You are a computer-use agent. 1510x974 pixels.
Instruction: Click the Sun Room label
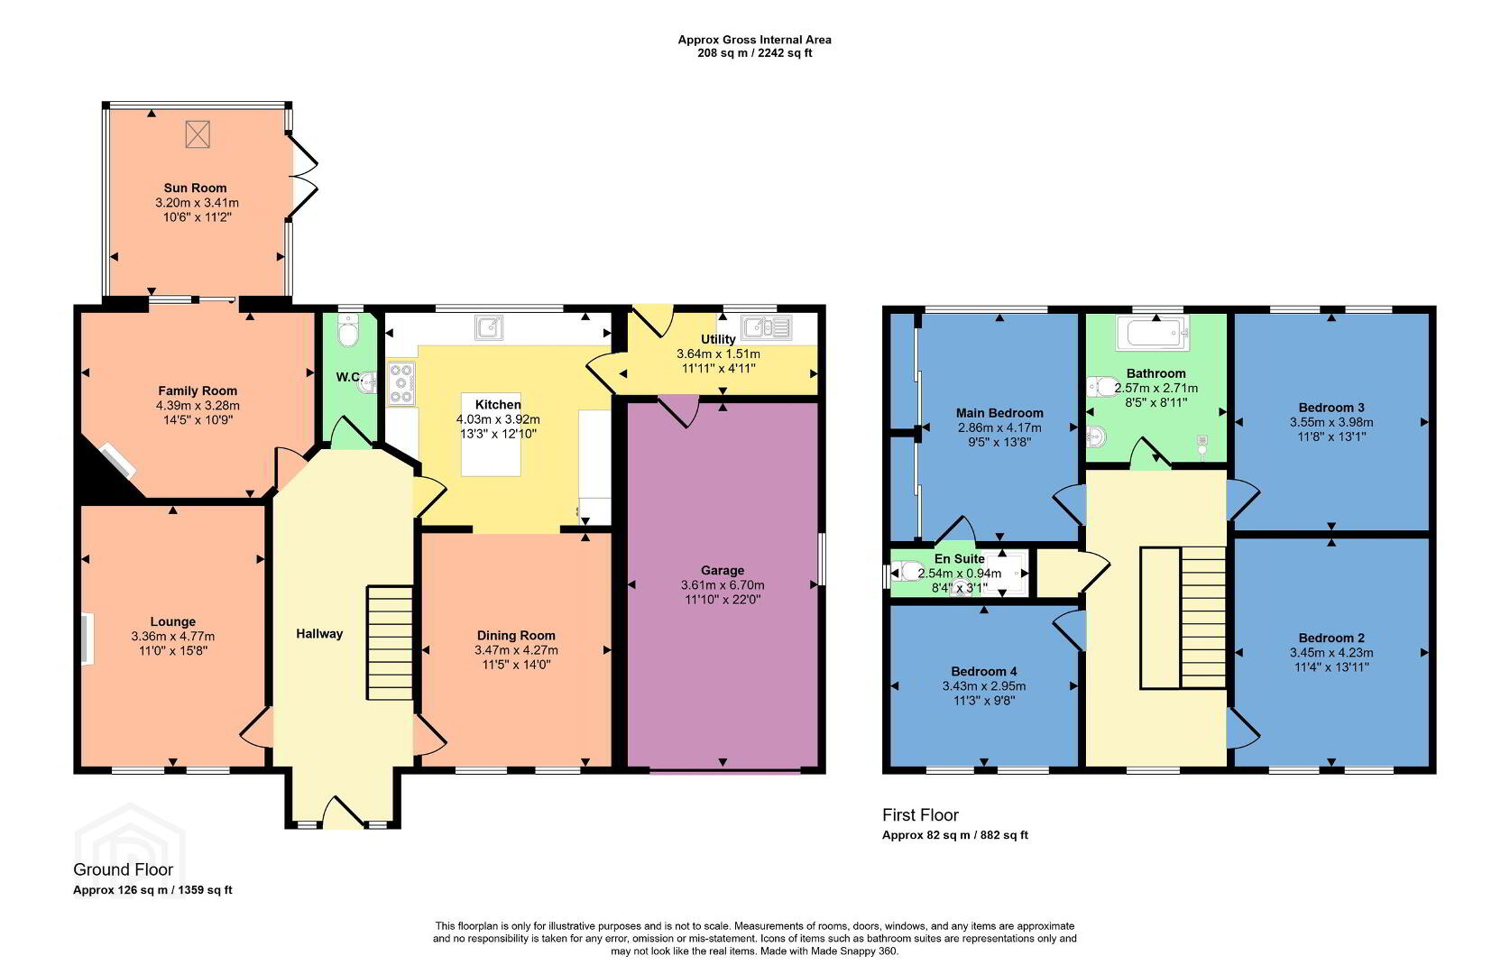pyautogui.click(x=195, y=188)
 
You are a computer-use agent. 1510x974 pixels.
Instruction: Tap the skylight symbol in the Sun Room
pyautogui.click(x=198, y=134)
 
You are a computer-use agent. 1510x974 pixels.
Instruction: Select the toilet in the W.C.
pyautogui.click(x=348, y=330)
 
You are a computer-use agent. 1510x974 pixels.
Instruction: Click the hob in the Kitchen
pyautogui.click(x=401, y=384)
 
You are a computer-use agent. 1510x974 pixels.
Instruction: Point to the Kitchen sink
pyautogui.click(x=489, y=326)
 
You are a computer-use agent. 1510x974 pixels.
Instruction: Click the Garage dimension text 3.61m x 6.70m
pyautogui.click(x=723, y=585)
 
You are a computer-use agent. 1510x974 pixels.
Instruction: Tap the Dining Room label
pyautogui.click(x=516, y=636)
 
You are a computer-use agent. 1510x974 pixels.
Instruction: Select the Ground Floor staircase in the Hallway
pyautogui.click(x=390, y=643)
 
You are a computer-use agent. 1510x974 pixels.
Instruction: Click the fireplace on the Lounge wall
pyautogui.click(x=87, y=639)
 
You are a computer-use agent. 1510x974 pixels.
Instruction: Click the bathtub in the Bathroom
pyautogui.click(x=1153, y=333)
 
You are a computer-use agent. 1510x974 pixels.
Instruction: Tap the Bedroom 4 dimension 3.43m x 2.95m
pyautogui.click(x=984, y=686)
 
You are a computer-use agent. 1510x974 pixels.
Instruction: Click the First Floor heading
pyautogui.click(x=921, y=815)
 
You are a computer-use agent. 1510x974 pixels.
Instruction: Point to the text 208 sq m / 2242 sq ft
pyautogui.click(x=755, y=53)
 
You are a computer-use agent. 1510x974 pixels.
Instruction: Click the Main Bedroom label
pyautogui.click(x=999, y=413)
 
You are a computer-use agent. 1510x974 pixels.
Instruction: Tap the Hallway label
pyautogui.click(x=319, y=634)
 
